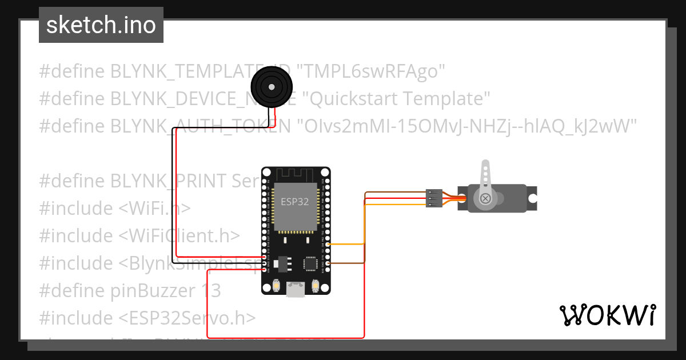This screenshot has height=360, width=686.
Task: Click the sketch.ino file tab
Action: point(101,25)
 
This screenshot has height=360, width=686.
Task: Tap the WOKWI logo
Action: point(607,315)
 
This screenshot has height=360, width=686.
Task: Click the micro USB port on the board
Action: point(296,290)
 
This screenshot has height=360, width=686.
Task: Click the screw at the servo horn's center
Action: point(485,198)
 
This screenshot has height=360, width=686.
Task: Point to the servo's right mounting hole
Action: point(532,198)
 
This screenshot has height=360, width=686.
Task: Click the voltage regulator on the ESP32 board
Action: point(281,263)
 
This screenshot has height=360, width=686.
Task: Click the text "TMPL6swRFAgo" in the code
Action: point(374,71)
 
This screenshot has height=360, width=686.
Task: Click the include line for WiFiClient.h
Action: point(139,235)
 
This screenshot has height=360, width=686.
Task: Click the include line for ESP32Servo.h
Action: point(147,318)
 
